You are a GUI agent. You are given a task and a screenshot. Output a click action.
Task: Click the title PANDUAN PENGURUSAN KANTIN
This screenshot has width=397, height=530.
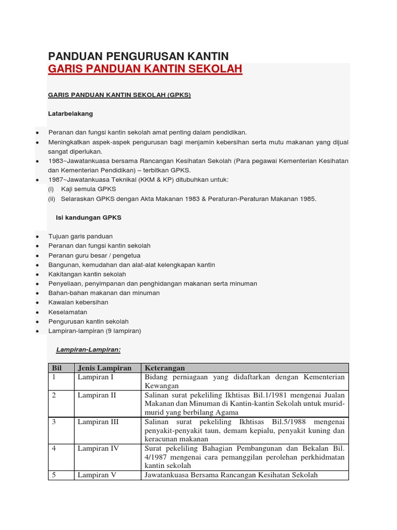click(x=138, y=56)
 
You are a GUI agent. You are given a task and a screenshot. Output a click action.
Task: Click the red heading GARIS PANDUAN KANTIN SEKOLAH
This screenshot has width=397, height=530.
click(x=145, y=69)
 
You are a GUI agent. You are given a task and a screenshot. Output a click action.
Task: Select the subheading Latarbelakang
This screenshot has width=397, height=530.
click(x=70, y=113)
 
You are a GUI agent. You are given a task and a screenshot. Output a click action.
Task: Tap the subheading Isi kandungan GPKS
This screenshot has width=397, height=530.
click(x=88, y=218)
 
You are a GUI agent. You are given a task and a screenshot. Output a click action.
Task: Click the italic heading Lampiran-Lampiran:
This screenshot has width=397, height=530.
click(x=88, y=350)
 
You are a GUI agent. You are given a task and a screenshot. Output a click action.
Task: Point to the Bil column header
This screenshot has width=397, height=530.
click(x=57, y=368)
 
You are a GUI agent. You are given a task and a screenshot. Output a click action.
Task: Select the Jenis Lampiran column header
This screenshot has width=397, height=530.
click(x=104, y=368)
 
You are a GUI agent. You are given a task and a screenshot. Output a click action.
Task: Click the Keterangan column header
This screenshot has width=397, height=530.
click(x=165, y=368)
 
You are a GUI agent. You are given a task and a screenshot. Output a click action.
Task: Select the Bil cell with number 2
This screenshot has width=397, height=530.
click(x=54, y=395)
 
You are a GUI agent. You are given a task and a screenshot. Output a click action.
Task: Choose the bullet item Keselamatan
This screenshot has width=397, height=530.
click(x=68, y=312)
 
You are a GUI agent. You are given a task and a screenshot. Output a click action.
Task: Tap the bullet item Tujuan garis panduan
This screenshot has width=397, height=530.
click(x=80, y=236)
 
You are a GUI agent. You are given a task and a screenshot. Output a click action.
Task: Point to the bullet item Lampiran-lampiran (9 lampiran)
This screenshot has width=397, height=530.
click(x=94, y=331)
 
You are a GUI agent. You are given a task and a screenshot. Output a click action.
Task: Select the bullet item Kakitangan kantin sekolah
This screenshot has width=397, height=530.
click(x=87, y=274)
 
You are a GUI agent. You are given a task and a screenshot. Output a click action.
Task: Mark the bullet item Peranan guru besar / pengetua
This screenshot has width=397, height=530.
click(x=94, y=255)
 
